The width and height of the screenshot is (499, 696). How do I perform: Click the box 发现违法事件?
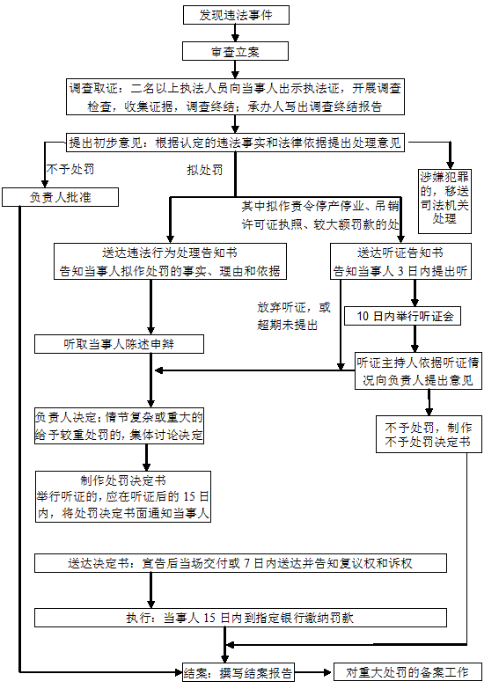[x=236, y=15]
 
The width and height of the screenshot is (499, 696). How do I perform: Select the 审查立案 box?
[x=235, y=51]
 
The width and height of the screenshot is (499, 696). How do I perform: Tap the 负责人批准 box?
[x=60, y=197]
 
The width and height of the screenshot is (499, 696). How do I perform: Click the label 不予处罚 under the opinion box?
[x=70, y=169]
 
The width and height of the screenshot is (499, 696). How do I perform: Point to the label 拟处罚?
[x=205, y=170]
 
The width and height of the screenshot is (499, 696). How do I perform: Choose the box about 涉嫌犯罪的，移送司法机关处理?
[x=444, y=201]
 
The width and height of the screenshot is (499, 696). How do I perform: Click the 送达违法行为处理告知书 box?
[x=170, y=261]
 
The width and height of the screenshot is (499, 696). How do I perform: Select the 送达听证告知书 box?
[x=400, y=261]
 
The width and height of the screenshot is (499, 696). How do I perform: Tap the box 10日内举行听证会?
[x=402, y=316]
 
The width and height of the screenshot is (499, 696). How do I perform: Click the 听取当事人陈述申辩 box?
[x=119, y=344]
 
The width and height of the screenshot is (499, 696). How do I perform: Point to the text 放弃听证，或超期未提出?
[x=294, y=316]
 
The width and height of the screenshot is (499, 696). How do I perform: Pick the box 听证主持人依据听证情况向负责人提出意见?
[x=418, y=371]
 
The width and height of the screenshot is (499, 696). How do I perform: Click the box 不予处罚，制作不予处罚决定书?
[x=429, y=434]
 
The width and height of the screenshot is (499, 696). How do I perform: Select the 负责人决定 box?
[x=119, y=426]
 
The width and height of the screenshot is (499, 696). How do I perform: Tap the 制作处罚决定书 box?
[x=123, y=496]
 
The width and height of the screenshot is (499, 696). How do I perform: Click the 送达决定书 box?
[x=240, y=563]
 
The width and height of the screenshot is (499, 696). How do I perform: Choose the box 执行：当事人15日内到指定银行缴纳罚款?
[x=240, y=618]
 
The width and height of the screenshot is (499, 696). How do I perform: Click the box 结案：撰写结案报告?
[x=238, y=672]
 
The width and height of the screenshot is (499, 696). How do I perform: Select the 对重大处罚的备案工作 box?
[x=407, y=672]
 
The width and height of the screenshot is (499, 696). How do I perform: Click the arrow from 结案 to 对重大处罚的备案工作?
[x=313, y=672]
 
